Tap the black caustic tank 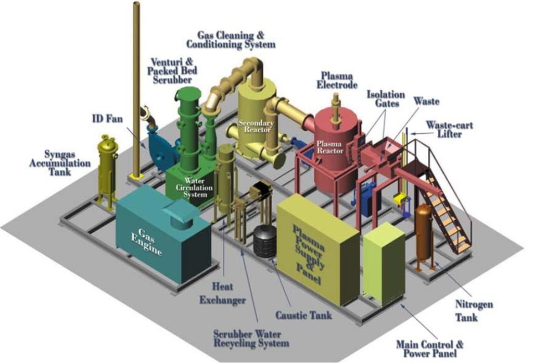(265, 244)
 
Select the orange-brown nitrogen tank (423, 232)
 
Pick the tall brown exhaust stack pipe (136, 89)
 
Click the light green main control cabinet (383, 263)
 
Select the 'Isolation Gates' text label (386, 99)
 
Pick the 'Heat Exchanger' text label (229, 294)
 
